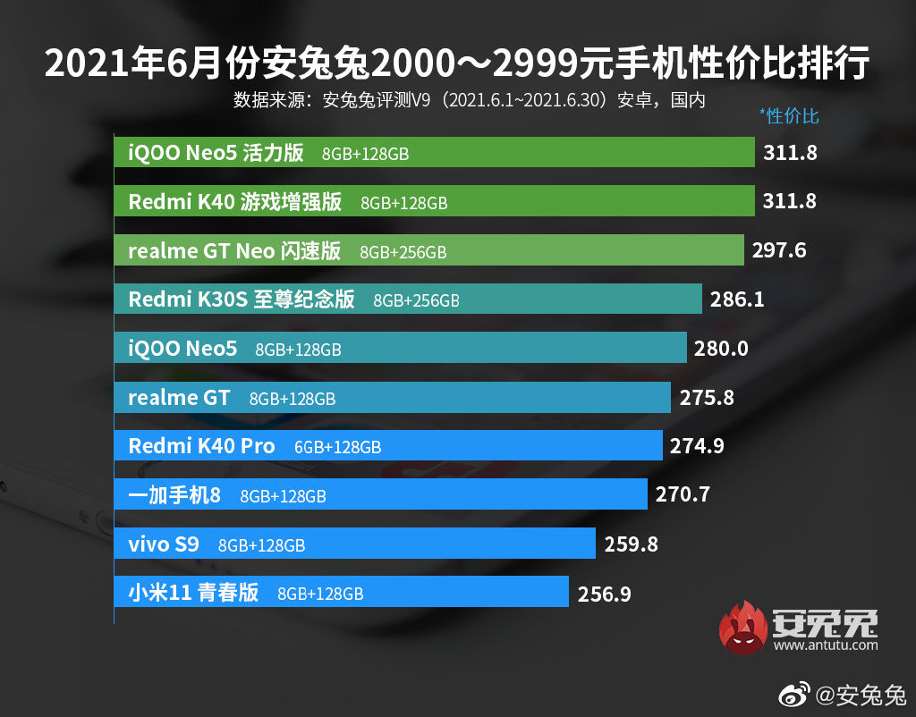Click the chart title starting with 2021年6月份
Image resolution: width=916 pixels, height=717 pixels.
click(457, 64)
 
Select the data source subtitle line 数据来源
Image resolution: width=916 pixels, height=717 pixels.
click(469, 99)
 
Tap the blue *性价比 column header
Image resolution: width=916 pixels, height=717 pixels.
click(788, 116)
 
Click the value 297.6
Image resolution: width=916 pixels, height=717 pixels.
click(779, 250)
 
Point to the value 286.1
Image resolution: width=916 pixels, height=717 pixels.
click(737, 299)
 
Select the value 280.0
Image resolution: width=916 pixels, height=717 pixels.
click(721, 349)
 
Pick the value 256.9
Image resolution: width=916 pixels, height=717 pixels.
click(604, 593)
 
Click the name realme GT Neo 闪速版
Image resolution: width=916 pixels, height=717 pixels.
click(234, 251)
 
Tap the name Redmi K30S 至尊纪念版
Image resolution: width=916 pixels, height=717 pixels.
click(242, 299)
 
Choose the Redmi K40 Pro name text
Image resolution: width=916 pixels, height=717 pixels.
click(201, 446)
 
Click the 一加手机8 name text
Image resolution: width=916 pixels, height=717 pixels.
click(174, 494)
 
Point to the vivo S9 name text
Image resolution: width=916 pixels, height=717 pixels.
click(164, 544)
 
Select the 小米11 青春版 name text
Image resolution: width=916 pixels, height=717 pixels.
click(193, 592)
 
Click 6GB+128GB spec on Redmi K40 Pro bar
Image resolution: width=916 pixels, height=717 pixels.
click(337, 447)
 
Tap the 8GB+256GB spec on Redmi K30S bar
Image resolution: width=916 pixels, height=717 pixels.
click(416, 301)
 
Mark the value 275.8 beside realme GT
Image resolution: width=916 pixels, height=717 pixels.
click(707, 397)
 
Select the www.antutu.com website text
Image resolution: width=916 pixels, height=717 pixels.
click(827, 645)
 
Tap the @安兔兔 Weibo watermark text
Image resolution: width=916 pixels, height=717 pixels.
click(861, 695)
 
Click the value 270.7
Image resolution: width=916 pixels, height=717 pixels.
click(683, 493)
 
